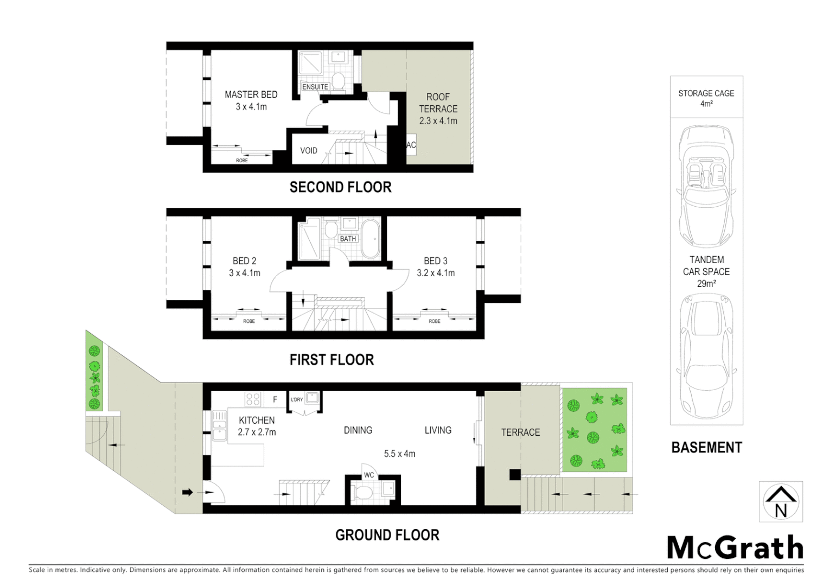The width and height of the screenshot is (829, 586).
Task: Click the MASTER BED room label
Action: [251, 94]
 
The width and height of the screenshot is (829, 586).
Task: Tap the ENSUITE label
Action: [315, 87]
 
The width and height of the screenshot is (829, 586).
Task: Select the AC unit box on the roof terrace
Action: [411, 145]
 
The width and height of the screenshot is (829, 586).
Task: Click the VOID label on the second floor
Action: [309, 150]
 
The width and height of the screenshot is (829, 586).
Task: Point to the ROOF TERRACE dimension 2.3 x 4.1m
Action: [438, 121]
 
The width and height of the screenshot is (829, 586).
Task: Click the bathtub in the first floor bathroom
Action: [371, 239]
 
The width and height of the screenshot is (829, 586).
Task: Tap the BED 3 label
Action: [435, 261]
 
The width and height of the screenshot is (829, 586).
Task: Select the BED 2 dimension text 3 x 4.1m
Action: [244, 273]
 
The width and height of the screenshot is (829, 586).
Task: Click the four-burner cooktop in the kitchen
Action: [253, 399]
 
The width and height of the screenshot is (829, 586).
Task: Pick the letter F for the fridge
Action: [275, 399]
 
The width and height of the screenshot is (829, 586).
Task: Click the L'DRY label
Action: [297, 400]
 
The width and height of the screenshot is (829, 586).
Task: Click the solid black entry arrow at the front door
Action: [187, 492]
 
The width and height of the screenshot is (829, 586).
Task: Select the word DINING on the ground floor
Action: [358, 430]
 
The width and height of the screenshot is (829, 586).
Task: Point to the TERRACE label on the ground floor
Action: [520, 432]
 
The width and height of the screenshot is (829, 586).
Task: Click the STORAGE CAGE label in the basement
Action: [706, 93]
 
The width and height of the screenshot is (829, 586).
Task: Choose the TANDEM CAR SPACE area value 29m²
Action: [706, 284]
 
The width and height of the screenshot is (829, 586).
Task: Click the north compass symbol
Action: [780, 502]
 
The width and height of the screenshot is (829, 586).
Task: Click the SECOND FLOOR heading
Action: [340, 187]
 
